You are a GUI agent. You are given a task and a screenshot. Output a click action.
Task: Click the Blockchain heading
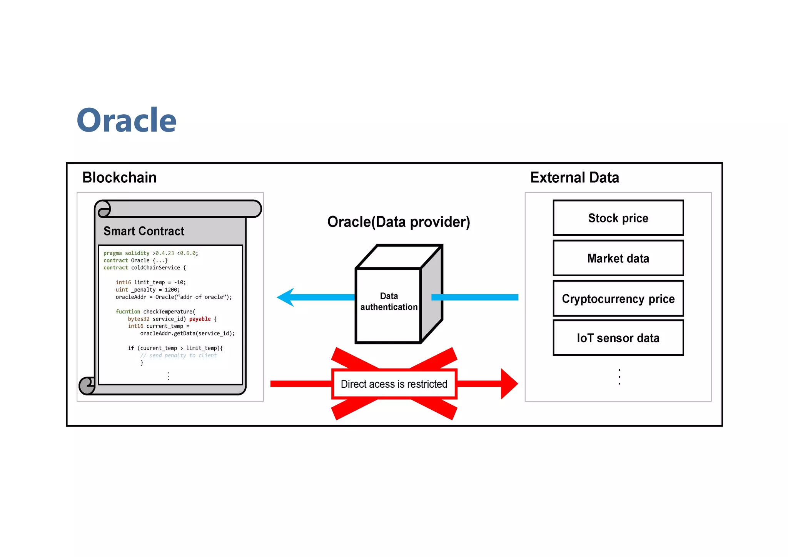tap(119, 177)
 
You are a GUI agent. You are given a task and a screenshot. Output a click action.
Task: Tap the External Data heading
tap(574, 177)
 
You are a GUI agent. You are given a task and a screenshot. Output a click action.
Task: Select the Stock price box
tap(618, 218)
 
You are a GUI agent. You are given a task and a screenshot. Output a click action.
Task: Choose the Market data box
tap(618, 258)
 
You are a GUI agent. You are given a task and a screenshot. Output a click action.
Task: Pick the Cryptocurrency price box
tap(618, 299)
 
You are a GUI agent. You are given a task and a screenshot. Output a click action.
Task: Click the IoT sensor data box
tap(618, 338)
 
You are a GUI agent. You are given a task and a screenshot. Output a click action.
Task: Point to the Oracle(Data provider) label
tap(399, 222)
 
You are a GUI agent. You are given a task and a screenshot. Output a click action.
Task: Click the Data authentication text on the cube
tap(389, 302)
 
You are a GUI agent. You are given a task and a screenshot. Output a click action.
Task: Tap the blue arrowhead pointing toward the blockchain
tap(285, 297)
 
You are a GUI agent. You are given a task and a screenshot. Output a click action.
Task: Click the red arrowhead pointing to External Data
tap(509, 384)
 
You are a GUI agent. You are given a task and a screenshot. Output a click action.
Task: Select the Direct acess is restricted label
tap(394, 384)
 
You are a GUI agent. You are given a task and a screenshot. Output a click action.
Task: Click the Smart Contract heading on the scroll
tap(144, 231)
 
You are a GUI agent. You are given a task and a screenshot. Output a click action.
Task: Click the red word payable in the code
tap(200, 319)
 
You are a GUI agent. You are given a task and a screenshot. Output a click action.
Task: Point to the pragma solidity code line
tap(150, 253)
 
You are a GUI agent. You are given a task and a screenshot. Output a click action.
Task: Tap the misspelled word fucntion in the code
tap(128, 312)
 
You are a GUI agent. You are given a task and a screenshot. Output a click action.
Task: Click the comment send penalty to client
tap(179, 355)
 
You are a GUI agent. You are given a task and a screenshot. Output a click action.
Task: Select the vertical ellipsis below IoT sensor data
tap(619, 377)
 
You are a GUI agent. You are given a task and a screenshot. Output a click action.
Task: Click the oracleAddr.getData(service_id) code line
tap(187, 334)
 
